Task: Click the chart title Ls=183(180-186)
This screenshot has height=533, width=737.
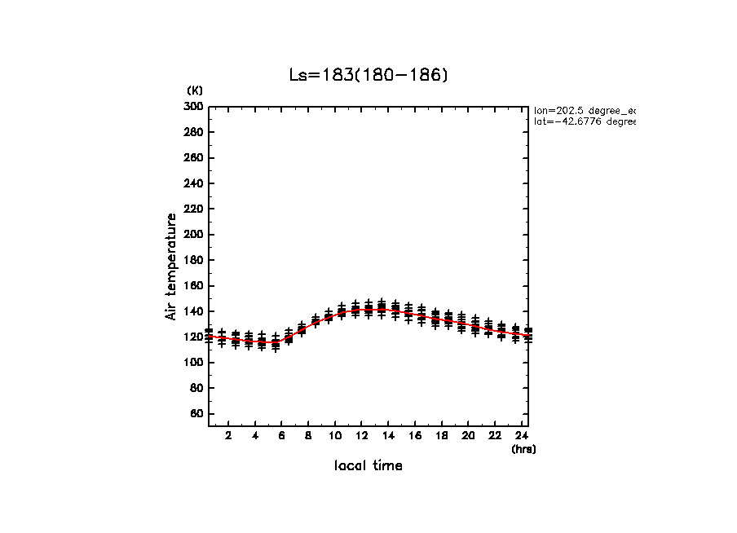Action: (368, 75)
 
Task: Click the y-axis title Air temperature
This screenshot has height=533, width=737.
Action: (171, 266)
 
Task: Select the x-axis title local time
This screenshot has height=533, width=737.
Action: (368, 466)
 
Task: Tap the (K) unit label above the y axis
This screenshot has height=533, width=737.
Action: (195, 90)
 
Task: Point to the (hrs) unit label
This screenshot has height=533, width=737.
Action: (523, 449)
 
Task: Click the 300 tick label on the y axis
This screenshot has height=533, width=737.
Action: (193, 107)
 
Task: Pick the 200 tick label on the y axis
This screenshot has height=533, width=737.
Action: (193, 235)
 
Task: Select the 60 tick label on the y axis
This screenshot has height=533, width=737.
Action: (196, 414)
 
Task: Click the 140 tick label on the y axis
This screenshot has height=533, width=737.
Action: (193, 311)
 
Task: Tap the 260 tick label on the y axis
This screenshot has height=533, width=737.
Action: (193, 158)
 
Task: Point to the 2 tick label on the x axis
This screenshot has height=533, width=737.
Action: (229, 436)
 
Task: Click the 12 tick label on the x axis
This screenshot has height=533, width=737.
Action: (362, 436)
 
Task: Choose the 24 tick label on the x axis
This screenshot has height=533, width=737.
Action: (522, 436)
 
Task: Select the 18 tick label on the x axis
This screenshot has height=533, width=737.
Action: (442, 436)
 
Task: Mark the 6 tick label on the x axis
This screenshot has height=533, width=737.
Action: (282, 436)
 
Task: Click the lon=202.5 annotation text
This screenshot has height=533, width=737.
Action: (585, 110)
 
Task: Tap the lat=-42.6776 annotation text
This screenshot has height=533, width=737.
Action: (585, 122)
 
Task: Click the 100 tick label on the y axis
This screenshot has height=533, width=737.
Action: (193, 363)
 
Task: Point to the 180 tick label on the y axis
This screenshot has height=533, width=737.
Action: (193, 260)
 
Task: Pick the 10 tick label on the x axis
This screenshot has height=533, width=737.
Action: (335, 436)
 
